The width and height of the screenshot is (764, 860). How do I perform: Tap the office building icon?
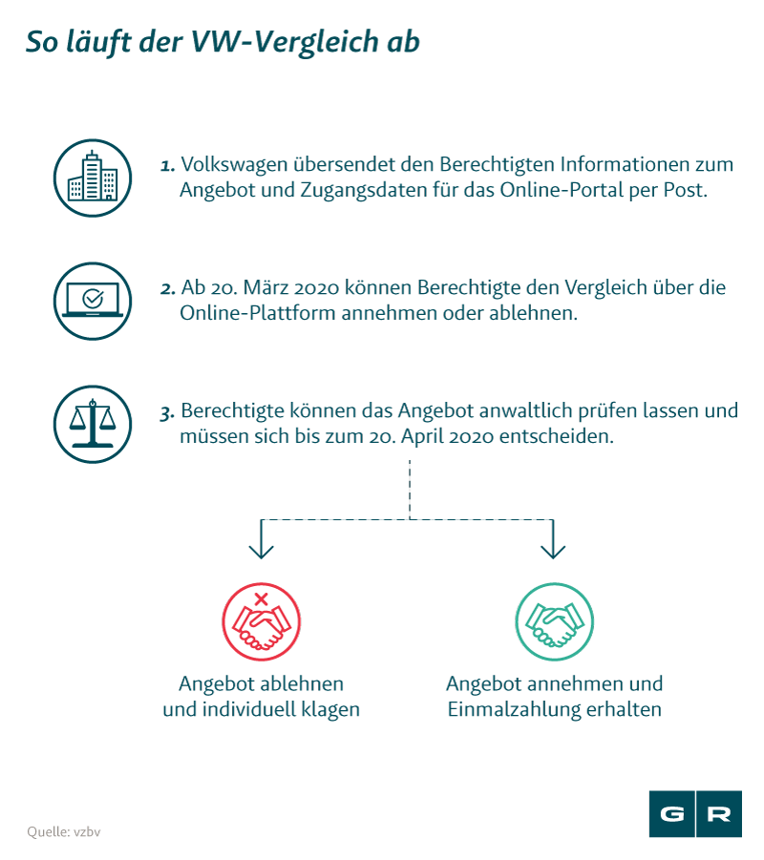(93, 178)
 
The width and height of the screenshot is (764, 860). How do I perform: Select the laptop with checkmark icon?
(93, 301)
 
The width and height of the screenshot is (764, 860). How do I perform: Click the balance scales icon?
(93, 424)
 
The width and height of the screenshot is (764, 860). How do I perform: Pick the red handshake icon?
(262, 621)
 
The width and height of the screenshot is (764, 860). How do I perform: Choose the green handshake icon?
(554, 621)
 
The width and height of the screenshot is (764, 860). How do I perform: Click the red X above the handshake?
(262, 598)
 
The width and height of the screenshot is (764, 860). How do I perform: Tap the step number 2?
(167, 288)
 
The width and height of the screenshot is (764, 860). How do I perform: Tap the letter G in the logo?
(671, 814)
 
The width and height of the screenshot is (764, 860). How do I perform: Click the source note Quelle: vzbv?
(64, 832)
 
